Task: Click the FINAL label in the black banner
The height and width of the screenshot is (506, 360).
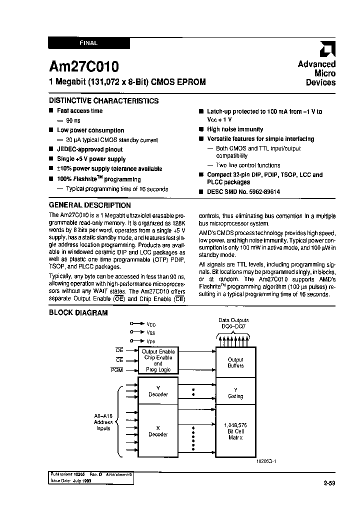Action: [88, 43]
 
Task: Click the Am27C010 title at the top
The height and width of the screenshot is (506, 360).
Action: [83, 67]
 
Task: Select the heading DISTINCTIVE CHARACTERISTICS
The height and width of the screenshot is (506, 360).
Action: [103, 100]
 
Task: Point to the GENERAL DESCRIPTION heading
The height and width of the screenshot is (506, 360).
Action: [90, 205]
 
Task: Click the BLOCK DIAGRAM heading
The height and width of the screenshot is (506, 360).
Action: [78, 313]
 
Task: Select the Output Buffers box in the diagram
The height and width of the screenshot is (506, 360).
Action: [235, 362]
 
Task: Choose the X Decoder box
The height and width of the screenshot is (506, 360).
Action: [158, 431]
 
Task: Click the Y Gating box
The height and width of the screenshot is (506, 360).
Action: [235, 393]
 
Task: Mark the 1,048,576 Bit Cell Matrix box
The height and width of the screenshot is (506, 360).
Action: [235, 431]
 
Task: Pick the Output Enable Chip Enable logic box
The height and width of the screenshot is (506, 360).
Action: [158, 360]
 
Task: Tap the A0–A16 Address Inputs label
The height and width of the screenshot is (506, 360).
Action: [103, 422]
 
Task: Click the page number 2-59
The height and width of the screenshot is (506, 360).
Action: [329, 483]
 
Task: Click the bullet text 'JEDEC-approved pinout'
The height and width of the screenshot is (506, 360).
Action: [89, 149]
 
